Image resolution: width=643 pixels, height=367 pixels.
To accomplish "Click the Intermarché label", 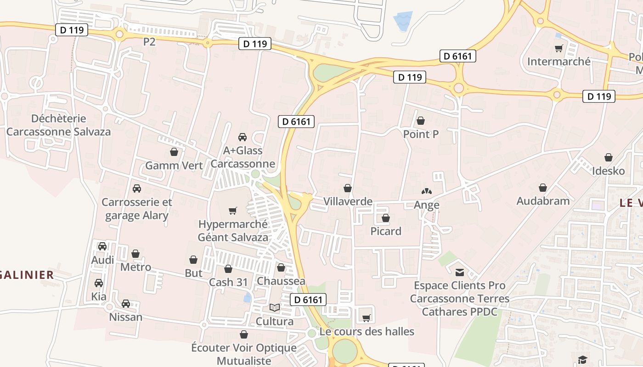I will (x=559, y=61).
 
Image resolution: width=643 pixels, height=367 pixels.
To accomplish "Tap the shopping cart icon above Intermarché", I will (x=559, y=48).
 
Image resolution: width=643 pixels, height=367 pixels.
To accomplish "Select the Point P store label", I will (x=421, y=134).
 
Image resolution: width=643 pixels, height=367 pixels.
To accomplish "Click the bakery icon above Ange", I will (x=427, y=191).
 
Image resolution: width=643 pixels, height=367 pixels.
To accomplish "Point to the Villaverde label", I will (x=348, y=201).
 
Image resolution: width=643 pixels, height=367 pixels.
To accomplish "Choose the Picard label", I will (x=386, y=231).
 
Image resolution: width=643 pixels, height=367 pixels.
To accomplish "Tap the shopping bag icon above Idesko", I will (x=609, y=158).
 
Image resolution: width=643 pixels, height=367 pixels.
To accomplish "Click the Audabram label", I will (x=543, y=201).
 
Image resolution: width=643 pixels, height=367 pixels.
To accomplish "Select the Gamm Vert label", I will (x=174, y=166).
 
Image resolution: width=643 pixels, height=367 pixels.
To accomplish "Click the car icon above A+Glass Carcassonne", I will (x=243, y=137).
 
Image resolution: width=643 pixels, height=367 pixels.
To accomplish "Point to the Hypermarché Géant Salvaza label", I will (x=233, y=231).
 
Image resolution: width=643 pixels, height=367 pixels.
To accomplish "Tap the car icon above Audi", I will (x=102, y=246).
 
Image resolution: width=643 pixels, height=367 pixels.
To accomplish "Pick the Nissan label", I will (x=125, y=317).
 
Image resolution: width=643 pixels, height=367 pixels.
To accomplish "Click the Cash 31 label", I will (x=228, y=282).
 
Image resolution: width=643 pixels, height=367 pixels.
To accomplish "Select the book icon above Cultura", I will (x=275, y=308).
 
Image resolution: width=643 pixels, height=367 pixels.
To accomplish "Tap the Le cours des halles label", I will (x=367, y=331).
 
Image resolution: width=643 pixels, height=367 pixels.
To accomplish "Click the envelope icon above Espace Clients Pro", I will (x=459, y=272).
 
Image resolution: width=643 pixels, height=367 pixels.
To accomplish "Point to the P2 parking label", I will (x=149, y=42).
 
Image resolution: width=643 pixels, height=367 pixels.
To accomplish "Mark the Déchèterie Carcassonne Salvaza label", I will (x=58, y=125).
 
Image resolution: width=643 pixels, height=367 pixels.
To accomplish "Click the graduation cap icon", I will (x=582, y=360).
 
